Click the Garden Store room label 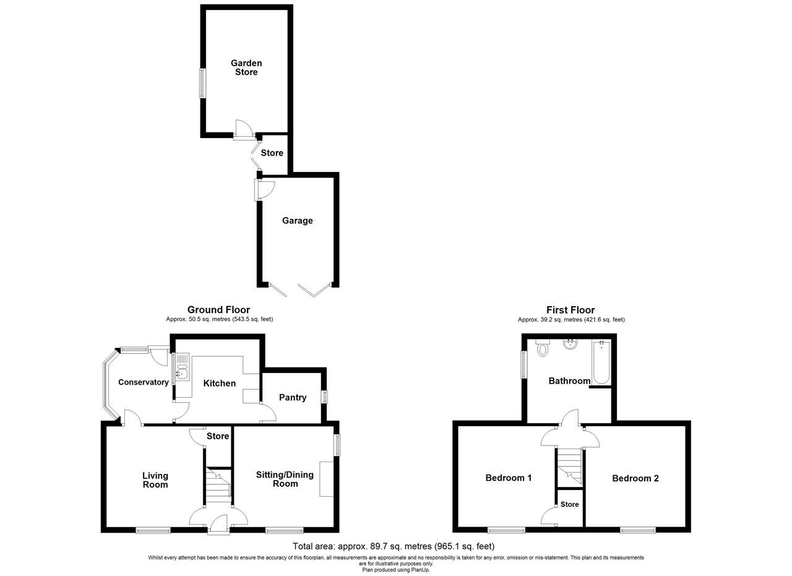pos(246,67)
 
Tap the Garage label pos(297,221)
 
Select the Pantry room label pos(293,397)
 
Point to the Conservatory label pos(144,382)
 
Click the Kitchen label pos(220,384)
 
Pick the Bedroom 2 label pos(635,478)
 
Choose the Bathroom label pos(569,381)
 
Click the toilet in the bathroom pos(543,348)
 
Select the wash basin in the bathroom pos(570,344)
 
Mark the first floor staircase pos(569,467)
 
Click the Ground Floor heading pos(218,310)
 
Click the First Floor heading pos(570,310)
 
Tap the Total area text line pos(394,546)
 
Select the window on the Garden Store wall pos(202,83)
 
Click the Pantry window pos(324,397)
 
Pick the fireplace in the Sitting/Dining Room pos(326,479)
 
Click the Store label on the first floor pos(569,504)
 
